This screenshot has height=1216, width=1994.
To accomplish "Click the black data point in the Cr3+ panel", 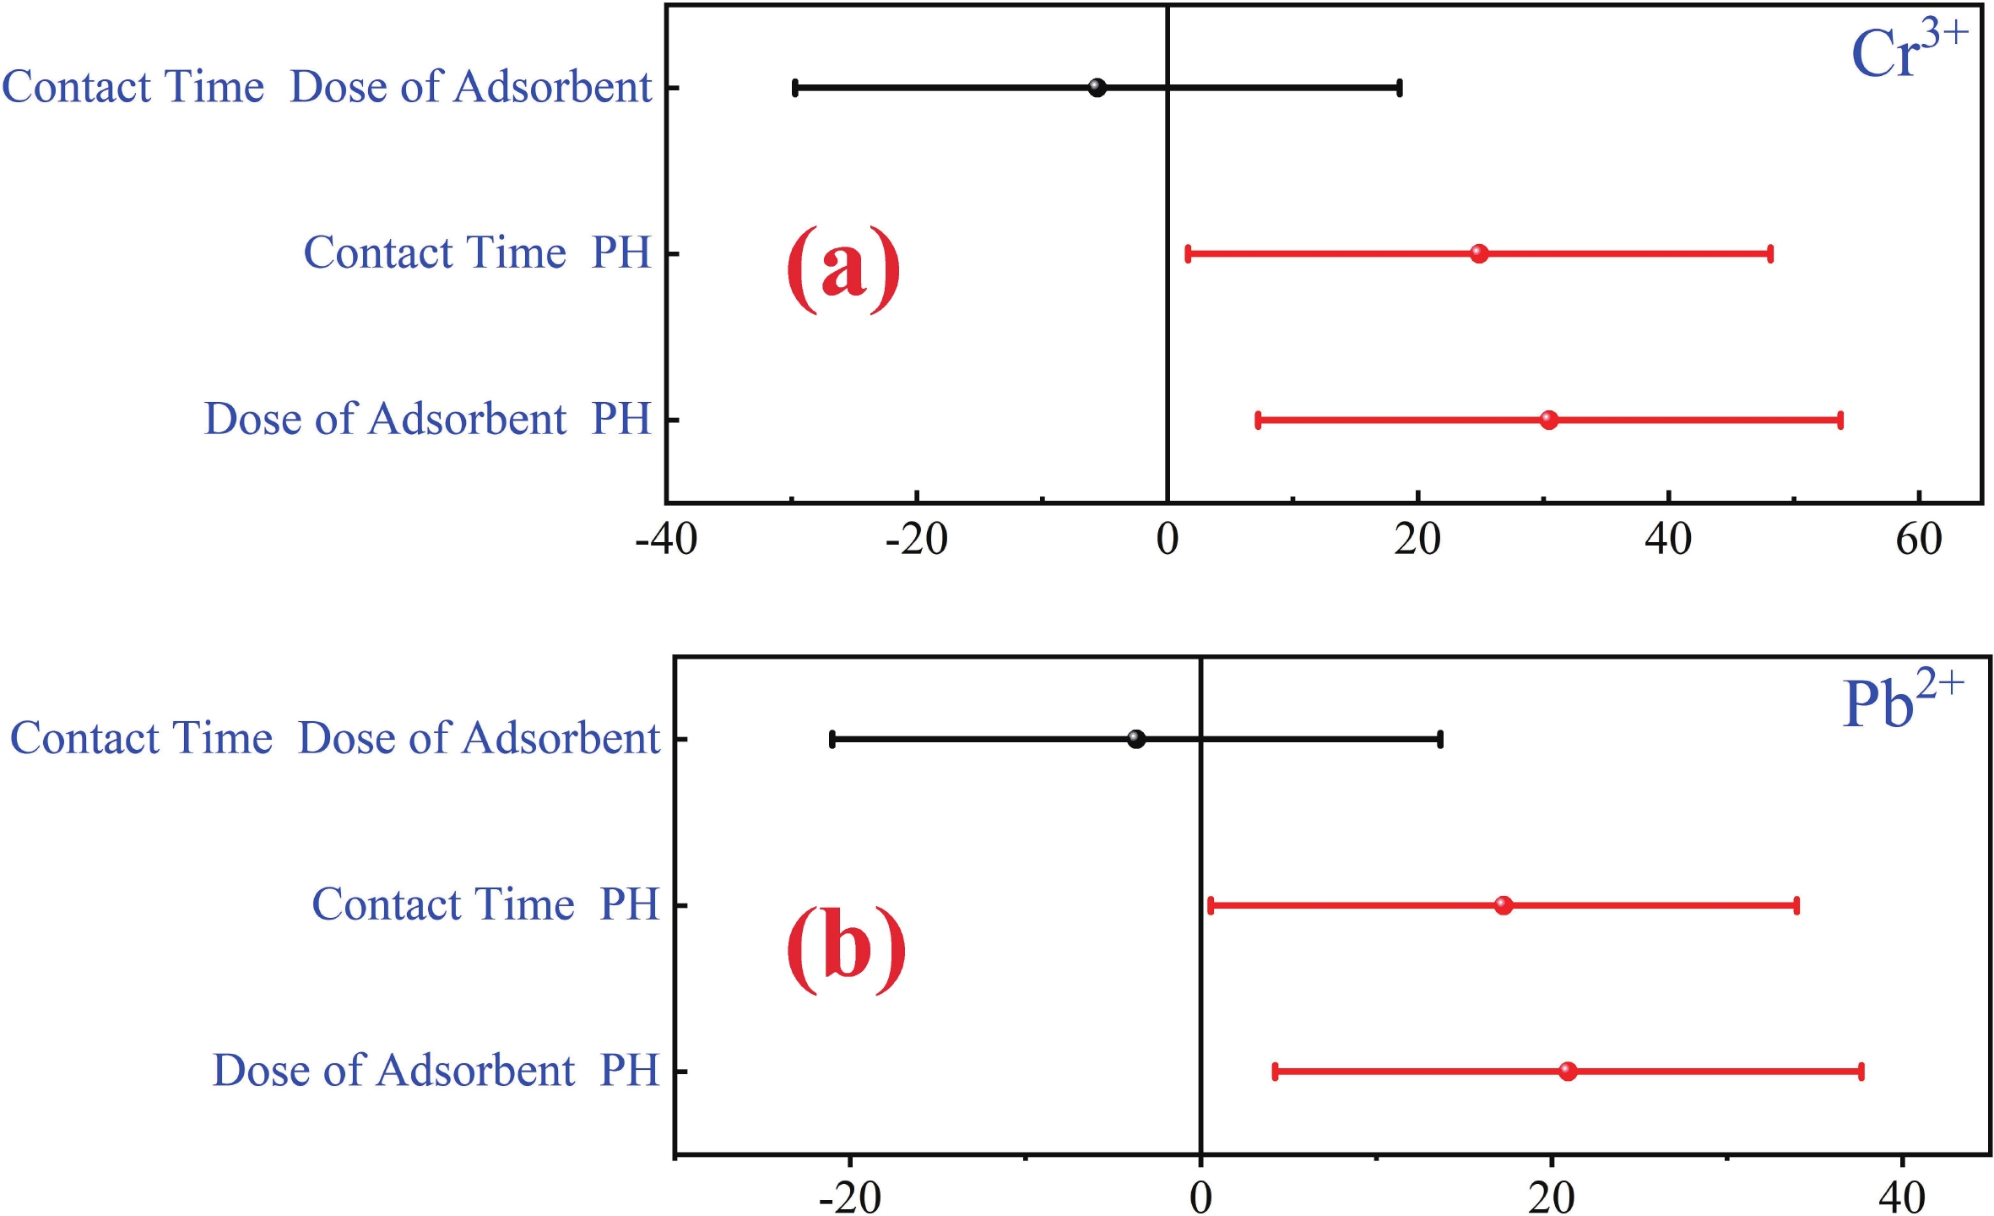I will [x=1097, y=87].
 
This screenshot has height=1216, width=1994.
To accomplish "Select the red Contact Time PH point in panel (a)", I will [x=1478, y=253].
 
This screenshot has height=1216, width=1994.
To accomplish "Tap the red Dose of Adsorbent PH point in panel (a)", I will [x=1548, y=420].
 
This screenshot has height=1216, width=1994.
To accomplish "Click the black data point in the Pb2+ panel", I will [x=1136, y=739].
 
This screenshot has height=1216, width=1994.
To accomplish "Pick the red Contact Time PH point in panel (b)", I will [x=1503, y=905].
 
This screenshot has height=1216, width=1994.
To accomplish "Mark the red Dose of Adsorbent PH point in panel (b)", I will [x=1568, y=1072].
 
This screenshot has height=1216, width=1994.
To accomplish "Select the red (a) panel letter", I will [x=843, y=268].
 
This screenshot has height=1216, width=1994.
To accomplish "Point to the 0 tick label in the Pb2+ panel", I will [x=1200, y=1196].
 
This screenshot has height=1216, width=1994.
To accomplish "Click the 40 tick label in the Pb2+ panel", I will [x=1902, y=1196].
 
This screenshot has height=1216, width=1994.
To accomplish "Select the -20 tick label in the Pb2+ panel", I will [x=849, y=1196].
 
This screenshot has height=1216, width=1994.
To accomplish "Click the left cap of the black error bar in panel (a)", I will [x=795, y=87].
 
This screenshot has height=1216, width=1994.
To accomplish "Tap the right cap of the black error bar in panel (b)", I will [x=1440, y=739].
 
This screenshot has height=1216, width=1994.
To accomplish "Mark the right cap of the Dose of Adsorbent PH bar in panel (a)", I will [x=1840, y=420].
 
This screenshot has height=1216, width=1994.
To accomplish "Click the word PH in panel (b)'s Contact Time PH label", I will [x=629, y=904].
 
